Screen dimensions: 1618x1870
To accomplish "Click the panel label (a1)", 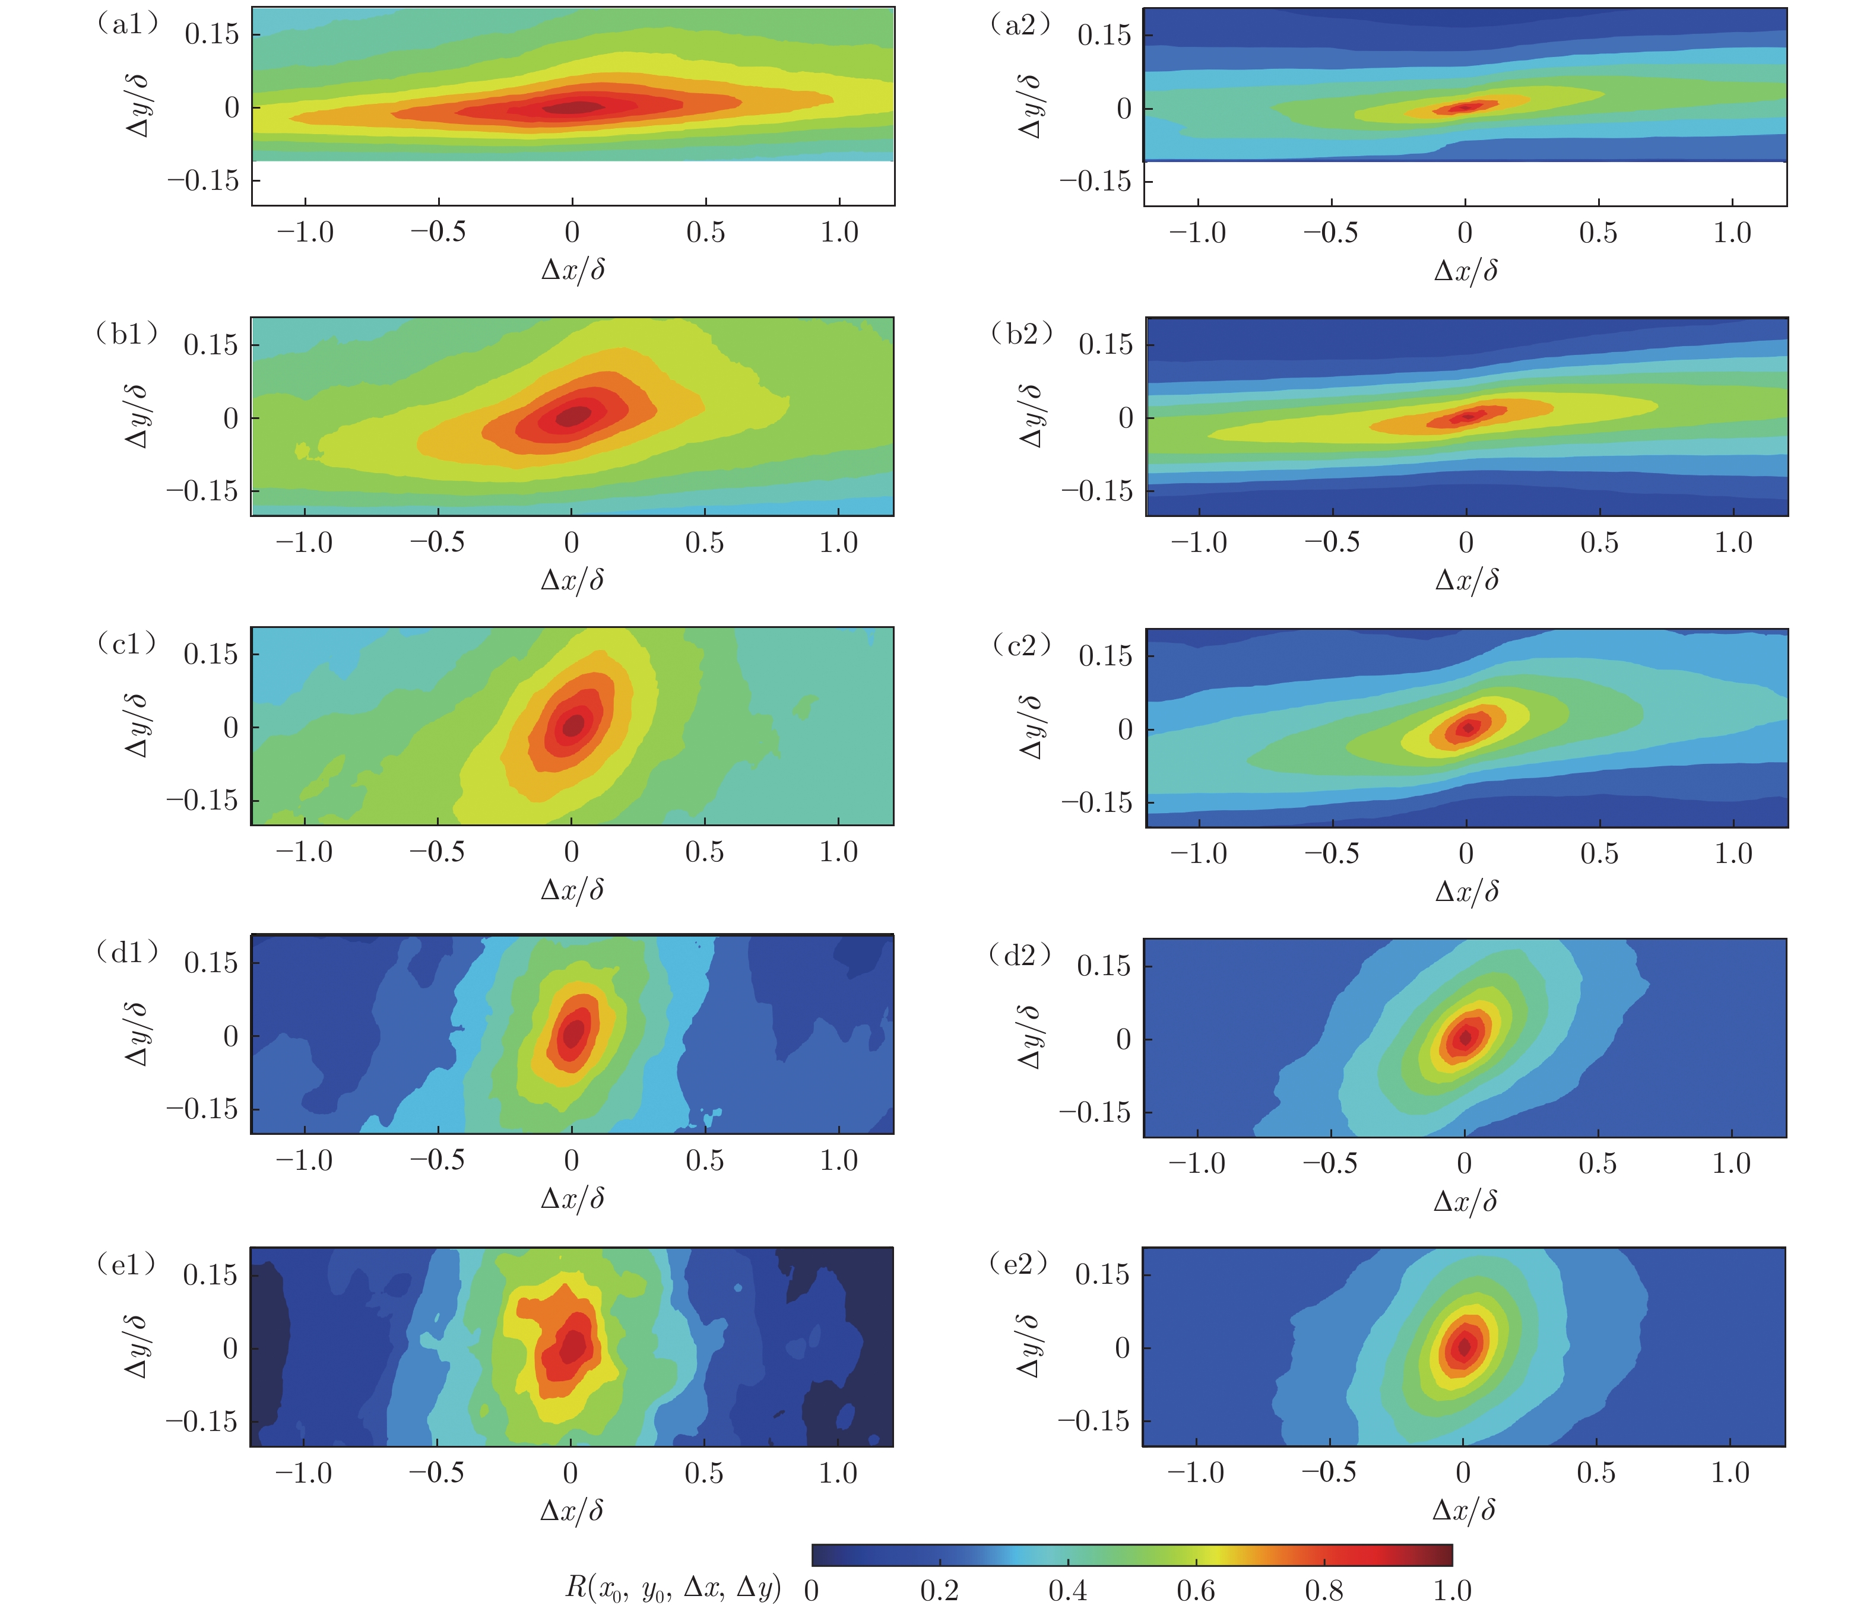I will (126, 24).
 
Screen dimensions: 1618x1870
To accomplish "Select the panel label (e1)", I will (126, 1264).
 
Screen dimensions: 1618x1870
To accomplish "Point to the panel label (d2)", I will (1021, 954).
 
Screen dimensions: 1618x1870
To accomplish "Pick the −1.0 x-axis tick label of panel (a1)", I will (305, 233).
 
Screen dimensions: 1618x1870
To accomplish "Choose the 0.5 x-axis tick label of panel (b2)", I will (1599, 542).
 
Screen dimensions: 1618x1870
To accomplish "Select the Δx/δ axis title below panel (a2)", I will (1466, 270).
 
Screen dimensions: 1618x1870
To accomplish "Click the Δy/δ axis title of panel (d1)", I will (137, 1035).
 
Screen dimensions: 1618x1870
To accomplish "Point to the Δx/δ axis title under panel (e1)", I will (572, 1511).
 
